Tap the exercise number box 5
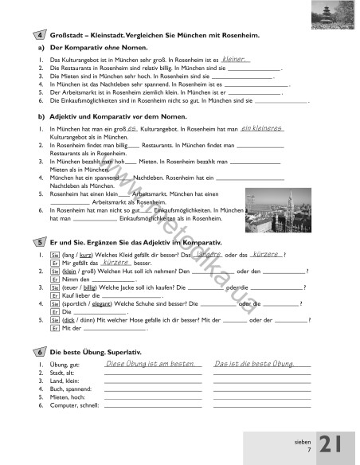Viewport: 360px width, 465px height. (41, 241)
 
